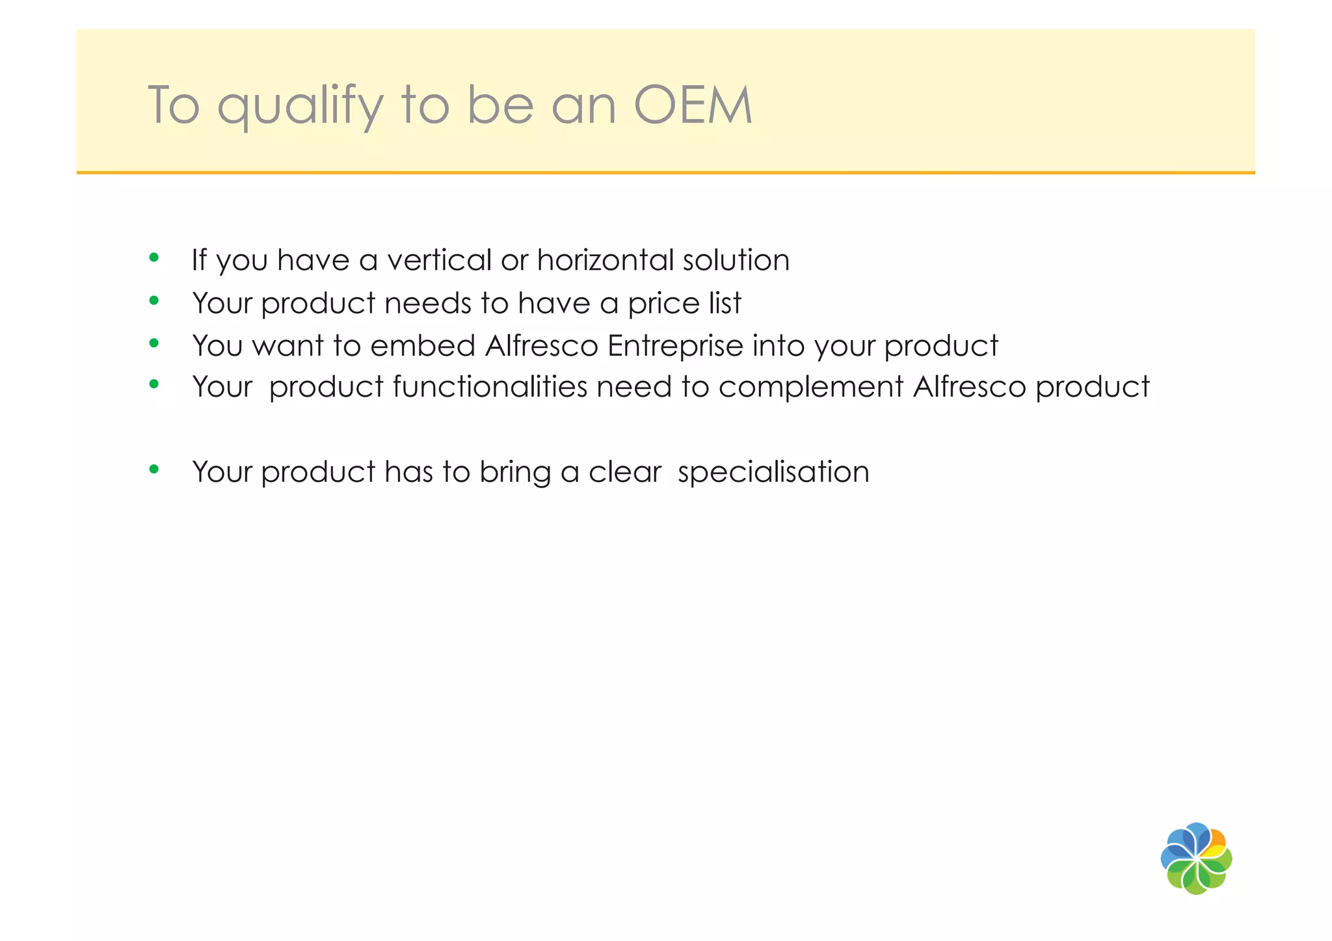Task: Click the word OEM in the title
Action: click(x=693, y=105)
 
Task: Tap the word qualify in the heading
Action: click(x=300, y=105)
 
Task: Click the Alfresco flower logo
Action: click(x=1196, y=858)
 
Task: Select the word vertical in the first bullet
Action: click(x=439, y=260)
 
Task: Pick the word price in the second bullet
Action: click(x=657, y=304)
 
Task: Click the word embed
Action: click(x=423, y=345)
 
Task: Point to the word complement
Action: click(x=811, y=388)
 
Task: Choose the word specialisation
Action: click(x=773, y=472)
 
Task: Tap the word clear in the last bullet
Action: click(x=625, y=472)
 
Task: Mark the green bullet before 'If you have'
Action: click(x=154, y=258)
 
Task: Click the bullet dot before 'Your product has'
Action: click(x=154, y=470)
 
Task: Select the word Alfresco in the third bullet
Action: click(x=541, y=345)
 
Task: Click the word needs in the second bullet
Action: click(x=428, y=304)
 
